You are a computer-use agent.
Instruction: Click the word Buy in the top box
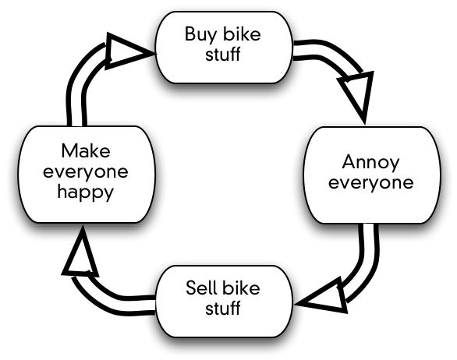pyautogui.click(x=200, y=34)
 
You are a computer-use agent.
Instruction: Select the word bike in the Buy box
pyautogui.click(x=242, y=34)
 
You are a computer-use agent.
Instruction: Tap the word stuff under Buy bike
pyautogui.click(x=223, y=54)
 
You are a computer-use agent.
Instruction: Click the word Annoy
pyautogui.click(x=370, y=163)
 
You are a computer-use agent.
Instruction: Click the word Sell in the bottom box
pyautogui.click(x=201, y=288)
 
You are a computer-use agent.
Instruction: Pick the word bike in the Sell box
pyautogui.click(x=241, y=288)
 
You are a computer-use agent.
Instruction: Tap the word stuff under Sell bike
pyautogui.click(x=223, y=308)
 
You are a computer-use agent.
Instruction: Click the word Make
pyautogui.click(x=86, y=151)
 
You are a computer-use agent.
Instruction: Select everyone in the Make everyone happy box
pyautogui.click(x=86, y=172)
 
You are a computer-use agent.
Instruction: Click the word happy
pyautogui.click(x=86, y=192)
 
